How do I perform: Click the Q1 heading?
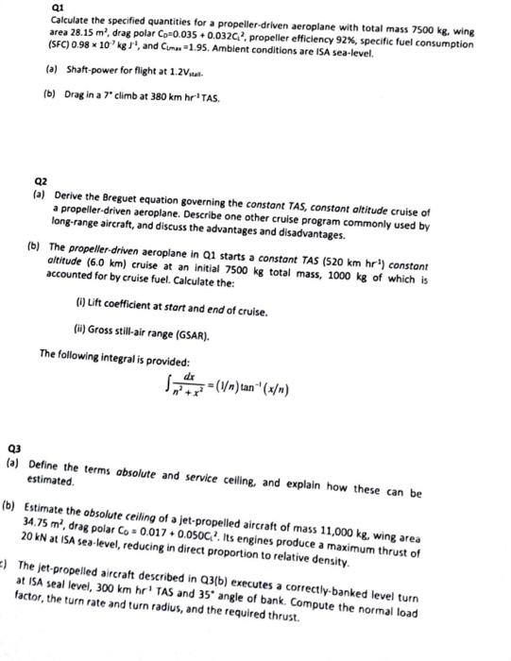(x=56, y=6)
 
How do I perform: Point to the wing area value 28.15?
(x=81, y=31)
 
